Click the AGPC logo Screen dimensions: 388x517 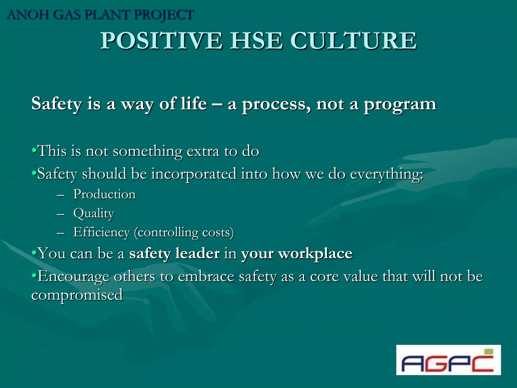(x=448, y=360)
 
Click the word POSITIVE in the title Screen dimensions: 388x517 (x=161, y=41)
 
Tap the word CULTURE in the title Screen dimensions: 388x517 (x=353, y=41)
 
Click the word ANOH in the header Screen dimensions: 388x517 (x=28, y=15)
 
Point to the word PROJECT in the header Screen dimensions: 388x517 (x=164, y=15)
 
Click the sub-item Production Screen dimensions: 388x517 (x=105, y=194)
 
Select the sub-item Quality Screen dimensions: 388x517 (x=94, y=213)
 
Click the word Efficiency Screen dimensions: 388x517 (x=101, y=232)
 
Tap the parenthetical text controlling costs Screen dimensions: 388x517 (x=184, y=232)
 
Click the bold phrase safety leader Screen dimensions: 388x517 (x=174, y=253)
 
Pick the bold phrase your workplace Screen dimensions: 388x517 (x=297, y=253)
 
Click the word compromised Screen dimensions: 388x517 (x=77, y=295)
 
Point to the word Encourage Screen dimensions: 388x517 (x=73, y=276)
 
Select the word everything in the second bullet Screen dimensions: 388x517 (x=386, y=174)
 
